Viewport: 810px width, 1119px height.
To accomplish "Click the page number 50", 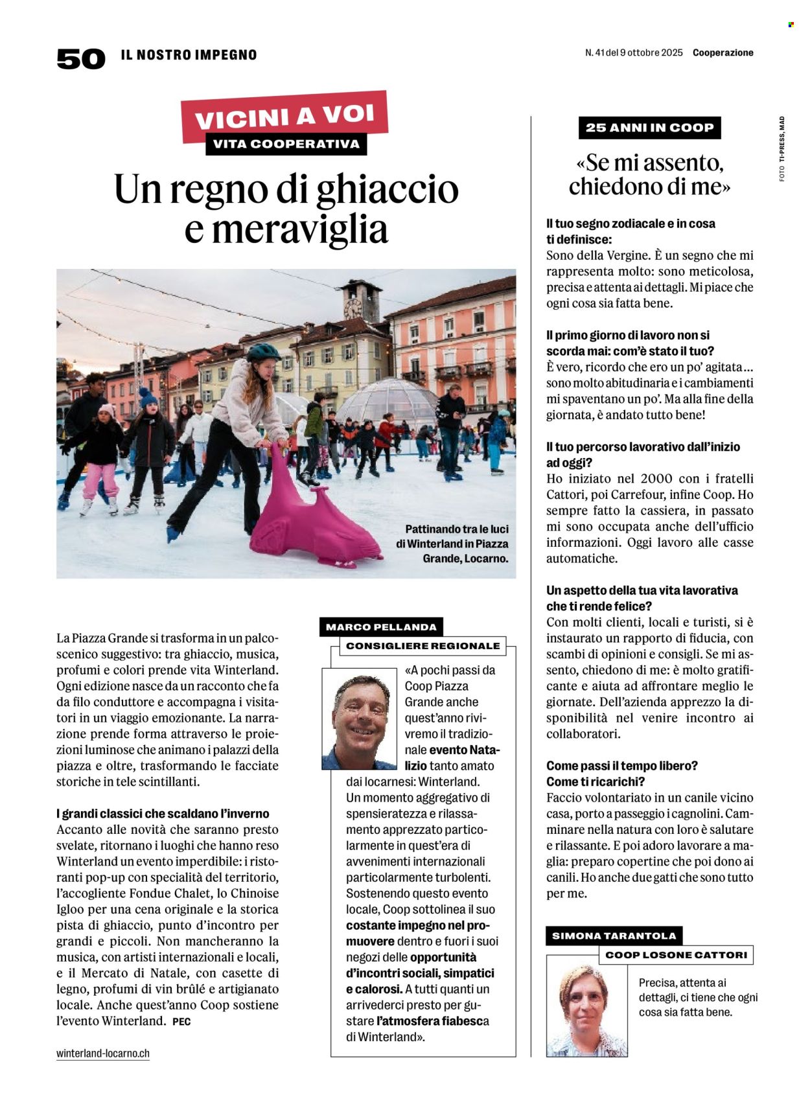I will point(80,59).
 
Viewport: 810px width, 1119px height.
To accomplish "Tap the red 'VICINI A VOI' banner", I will point(284,117).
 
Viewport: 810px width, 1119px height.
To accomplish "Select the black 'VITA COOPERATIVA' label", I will point(286,144).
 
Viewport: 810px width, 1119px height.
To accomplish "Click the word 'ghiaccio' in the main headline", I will point(378,189).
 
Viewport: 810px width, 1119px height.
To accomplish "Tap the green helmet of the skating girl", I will point(263,352).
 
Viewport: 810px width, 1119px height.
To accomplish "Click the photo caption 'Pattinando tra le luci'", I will point(456,529).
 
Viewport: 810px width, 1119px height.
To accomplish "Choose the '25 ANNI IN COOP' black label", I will point(649,128).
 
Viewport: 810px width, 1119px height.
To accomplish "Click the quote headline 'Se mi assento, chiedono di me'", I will point(649,174).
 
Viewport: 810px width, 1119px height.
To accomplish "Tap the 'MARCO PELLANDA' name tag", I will point(381,627).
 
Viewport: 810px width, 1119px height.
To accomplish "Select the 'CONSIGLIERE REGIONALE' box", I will point(422,645).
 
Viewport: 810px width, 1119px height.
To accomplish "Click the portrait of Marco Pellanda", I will point(360,720).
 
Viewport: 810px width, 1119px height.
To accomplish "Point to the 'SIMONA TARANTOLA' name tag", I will point(614,936).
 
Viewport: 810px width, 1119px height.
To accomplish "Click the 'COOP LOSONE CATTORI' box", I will point(676,954).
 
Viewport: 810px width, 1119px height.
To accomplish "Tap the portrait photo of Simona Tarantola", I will point(586,1006).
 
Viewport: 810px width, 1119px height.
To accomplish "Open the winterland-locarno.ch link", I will point(103,1053).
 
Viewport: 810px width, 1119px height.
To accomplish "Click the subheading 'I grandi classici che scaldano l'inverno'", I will point(163,813).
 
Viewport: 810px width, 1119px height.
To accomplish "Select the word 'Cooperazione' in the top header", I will point(723,52).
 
